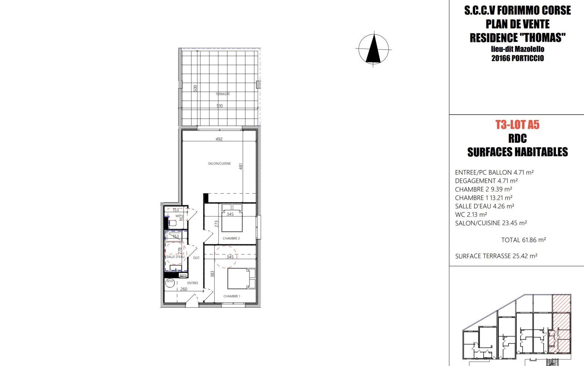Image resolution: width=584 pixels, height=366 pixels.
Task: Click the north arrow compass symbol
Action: click(374, 49)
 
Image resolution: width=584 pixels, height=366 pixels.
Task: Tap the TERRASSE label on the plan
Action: click(223, 94)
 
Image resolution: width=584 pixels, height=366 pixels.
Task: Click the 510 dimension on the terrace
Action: click(219, 106)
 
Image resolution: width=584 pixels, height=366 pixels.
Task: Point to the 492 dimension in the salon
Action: click(219, 139)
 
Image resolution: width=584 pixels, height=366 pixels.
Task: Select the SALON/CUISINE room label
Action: click(219, 163)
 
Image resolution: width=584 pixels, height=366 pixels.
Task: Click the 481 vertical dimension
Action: click(241, 166)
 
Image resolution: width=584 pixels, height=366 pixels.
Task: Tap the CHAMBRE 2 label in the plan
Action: click(231, 238)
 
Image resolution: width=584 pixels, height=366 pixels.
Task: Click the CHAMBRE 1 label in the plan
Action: click(232, 296)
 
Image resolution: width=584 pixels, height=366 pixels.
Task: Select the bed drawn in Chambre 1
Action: click(241, 279)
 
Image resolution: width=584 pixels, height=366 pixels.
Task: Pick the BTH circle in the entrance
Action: click(170, 282)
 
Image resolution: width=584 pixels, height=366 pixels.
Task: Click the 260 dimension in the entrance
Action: click(184, 289)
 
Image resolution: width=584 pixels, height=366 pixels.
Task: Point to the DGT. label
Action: click(197, 258)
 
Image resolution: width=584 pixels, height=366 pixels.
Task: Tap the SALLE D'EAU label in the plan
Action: click(176, 257)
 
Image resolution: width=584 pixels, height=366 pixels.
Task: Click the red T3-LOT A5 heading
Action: click(518, 124)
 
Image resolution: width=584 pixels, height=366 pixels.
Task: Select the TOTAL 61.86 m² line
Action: click(523, 240)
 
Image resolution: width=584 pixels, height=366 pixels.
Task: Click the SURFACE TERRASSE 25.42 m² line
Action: click(496, 256)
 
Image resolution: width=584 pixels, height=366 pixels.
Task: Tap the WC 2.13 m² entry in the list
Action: click(471, 215)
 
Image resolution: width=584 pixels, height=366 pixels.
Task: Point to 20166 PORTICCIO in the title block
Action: click(518, 58)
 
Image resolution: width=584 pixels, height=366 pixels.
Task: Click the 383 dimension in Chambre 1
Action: click(212, 274)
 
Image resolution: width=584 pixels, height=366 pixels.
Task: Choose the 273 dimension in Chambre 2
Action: click(216, 224)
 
